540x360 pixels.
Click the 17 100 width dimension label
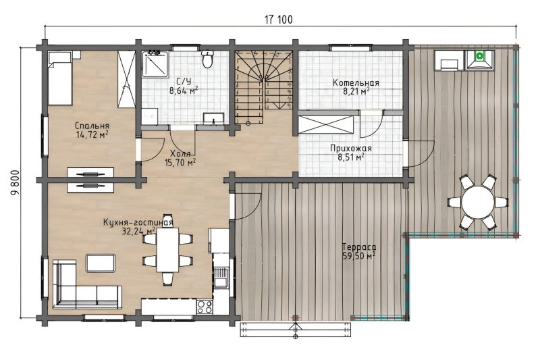click(x=279, y=20)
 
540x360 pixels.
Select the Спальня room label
click(x=92, y=126)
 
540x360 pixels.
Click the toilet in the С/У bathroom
click(x=207, y=59)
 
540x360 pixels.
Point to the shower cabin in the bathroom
click(x=155, y=64)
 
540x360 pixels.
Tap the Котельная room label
click(x=356, y=83)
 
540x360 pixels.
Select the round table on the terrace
click(x=478, y=202)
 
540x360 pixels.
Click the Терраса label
click(x=359, y=247)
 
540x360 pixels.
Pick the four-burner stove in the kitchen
click(x=205, y=307)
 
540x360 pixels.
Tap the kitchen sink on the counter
click(x=221, y=278)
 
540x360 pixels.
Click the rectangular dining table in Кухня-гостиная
click(x=167, y=250)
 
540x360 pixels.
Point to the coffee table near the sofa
click(x=101, y=263)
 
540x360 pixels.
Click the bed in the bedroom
click(x=59, y=78)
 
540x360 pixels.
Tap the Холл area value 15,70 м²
click(x=180, y=162)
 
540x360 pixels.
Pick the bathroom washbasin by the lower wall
click(x=213, y=118)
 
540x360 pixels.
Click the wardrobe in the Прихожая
click(x=326, y=124)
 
